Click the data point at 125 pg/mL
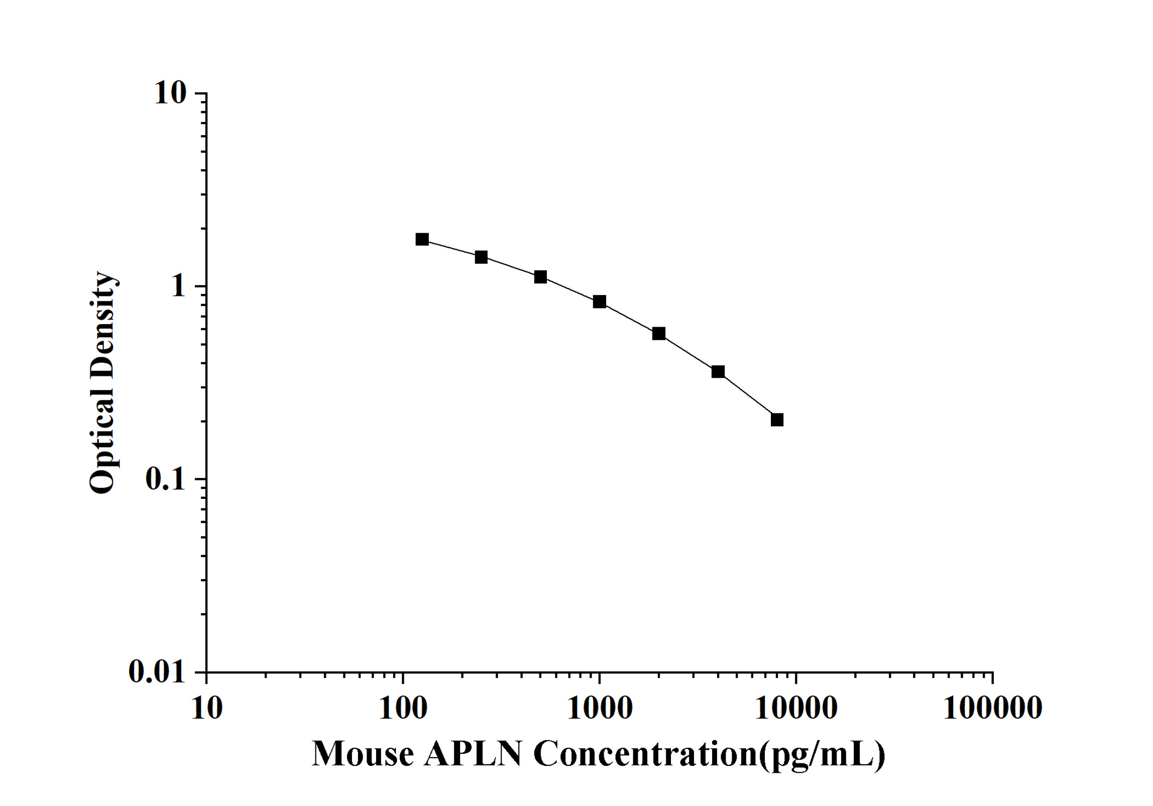tap(422, 239)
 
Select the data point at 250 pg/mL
tap(481, 257)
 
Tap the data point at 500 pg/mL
tap(540, 277)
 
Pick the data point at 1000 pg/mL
tap(599, 302)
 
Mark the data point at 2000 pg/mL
tap(658, 334)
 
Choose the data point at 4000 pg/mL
tap(718, 372)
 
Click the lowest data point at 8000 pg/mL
tap(777, 420)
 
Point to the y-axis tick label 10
tap(170, 93)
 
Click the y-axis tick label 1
tap(178, 286)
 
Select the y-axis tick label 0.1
tap(165, 479)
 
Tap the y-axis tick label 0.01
tap(157, 671)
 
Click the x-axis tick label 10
tap(206, 709)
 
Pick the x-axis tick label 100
tap(403, 709)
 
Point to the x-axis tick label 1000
tap(600, 709)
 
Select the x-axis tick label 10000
tap(796, 709)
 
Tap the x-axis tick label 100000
tap(993, 709)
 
